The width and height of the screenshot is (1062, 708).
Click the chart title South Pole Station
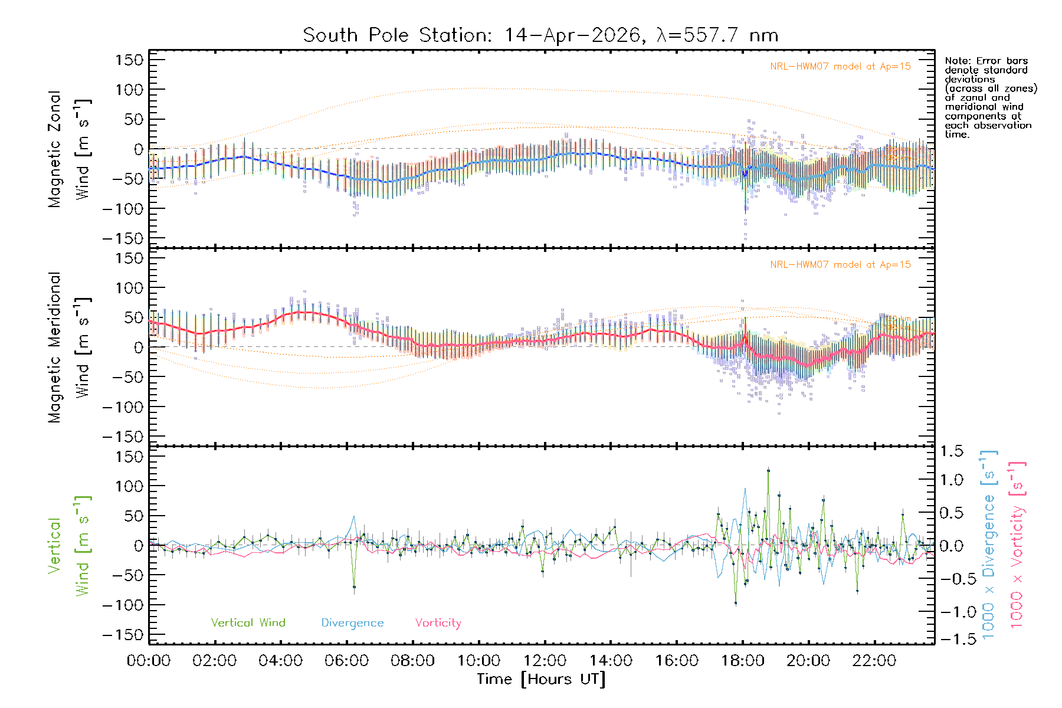point(540,35)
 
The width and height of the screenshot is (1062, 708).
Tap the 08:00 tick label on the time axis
point(412,661)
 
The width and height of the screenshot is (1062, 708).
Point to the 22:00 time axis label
point(874,661)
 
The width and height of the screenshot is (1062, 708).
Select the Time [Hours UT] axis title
point(541,679)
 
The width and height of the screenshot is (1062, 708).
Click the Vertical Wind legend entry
point(248,622)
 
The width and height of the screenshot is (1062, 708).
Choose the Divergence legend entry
point(352,622)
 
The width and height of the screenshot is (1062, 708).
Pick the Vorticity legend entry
point(438,622)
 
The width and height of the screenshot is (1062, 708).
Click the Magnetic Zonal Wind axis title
point(70,149)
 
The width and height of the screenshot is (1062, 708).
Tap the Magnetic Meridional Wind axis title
point(70,347)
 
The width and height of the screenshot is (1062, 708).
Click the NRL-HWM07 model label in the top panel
point(840,67)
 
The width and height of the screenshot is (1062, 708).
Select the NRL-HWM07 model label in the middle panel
point(840,265)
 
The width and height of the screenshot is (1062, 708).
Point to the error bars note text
point(991,97)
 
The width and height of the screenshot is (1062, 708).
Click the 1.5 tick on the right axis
point(952,451)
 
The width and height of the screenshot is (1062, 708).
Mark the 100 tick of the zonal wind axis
point(130,90)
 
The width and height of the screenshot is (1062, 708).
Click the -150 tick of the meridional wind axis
point(123,437)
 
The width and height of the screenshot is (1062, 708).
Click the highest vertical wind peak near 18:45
point(768,470)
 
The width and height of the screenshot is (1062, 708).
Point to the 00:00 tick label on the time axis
point(149,661)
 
